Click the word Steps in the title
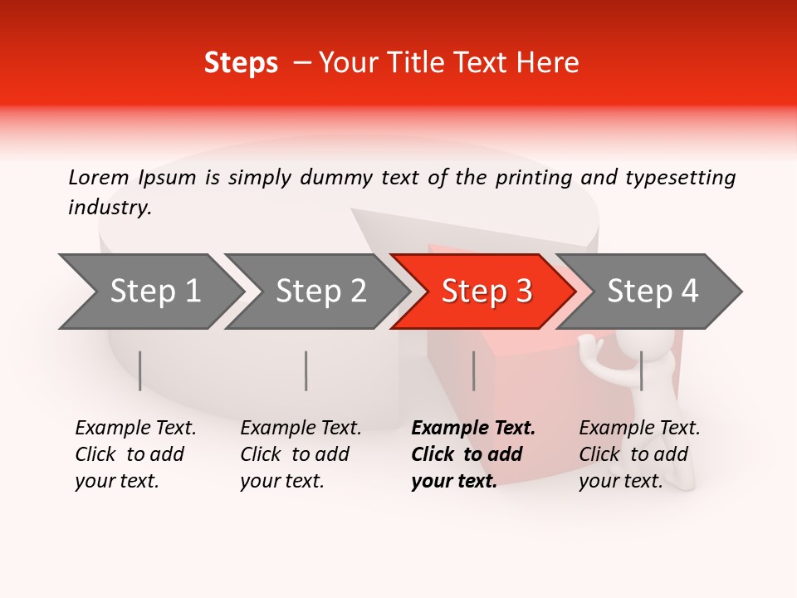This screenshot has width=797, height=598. coord(241,63)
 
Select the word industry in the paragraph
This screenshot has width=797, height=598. coord(109,208)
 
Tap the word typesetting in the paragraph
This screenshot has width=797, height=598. coord(680,178)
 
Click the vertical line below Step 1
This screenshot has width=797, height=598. coord(140,370)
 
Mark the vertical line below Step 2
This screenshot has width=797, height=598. coord(306,370)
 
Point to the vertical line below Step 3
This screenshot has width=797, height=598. coord(473,370)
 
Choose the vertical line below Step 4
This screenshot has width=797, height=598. coord(641,370)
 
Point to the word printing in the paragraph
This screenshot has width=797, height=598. coord(535,178)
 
